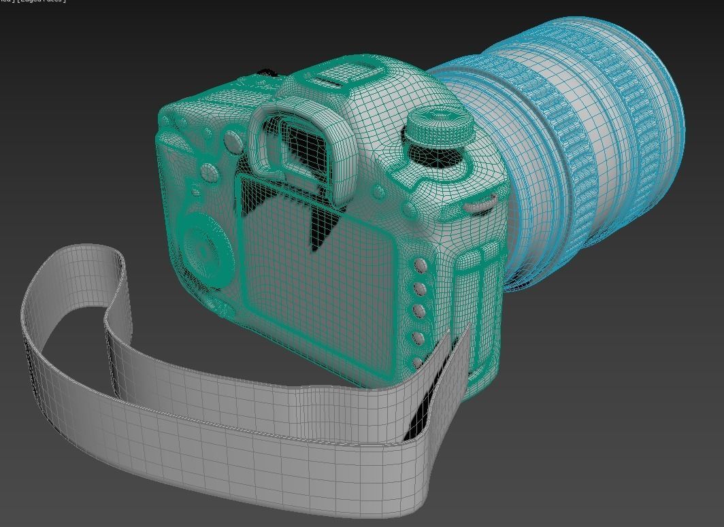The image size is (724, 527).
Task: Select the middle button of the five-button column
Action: (420, 311)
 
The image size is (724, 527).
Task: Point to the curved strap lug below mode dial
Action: (480, 201)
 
